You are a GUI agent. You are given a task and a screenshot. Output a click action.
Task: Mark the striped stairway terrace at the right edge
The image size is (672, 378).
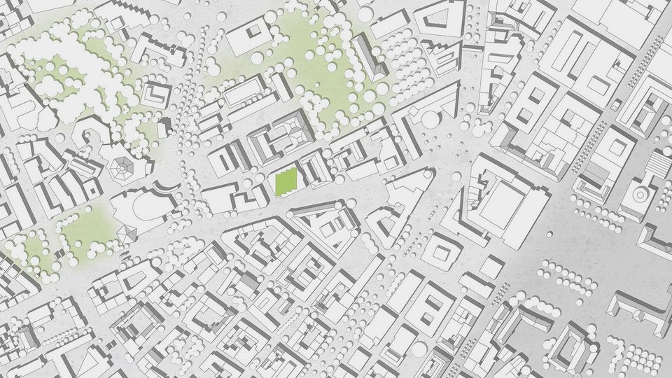pyautogui.click(x=658, y=164)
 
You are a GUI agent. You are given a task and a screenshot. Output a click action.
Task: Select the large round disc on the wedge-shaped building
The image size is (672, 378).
pyautogui.click(x=429, y=119)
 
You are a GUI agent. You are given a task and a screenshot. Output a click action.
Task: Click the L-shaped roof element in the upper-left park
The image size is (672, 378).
pyautogui.click(x=156, y=94)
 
